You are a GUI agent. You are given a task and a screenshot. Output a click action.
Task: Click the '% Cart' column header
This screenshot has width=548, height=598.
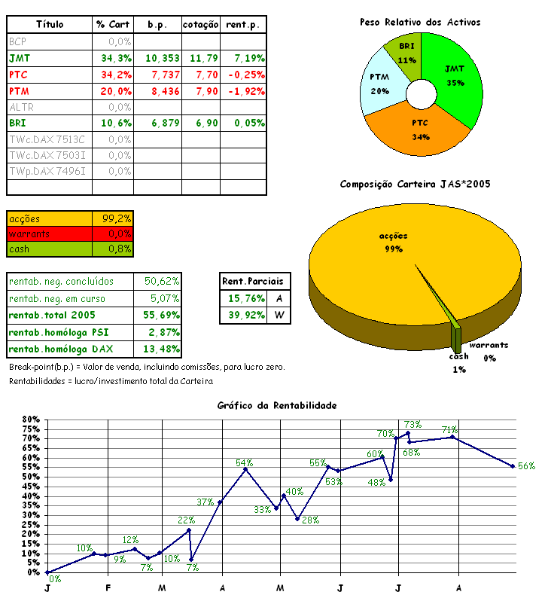tap(113, 25)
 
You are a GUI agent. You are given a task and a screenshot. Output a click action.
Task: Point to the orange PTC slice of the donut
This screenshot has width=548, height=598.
tap(420, 128)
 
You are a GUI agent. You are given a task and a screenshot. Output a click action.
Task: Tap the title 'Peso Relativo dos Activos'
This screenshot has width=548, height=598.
tap(419, 23)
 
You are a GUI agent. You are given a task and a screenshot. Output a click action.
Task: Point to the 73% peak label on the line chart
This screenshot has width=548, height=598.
tap(413, 425)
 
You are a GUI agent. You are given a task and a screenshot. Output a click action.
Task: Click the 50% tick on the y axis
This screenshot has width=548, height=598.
tap(31, 477)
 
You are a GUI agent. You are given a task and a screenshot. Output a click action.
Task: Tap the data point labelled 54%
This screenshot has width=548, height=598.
tap(245, 469)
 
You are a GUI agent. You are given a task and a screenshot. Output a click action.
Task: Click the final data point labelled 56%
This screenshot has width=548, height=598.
tap(513, 466)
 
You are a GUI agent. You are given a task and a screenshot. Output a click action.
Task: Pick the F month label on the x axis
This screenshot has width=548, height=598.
tap(108, 587)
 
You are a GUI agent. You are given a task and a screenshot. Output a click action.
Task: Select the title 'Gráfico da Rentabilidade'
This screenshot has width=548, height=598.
tap(276, 405)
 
